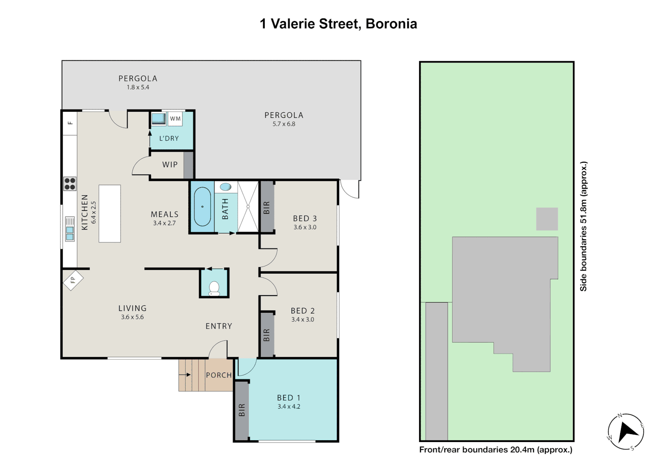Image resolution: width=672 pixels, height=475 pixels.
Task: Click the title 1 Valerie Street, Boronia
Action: click(x=338, y=24)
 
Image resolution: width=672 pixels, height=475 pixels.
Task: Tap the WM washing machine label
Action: click(x=175, y=119)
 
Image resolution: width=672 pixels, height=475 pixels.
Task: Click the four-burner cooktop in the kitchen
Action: click(x=70, y=183)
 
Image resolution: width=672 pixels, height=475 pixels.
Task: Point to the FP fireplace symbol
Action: click(x=73, y=280)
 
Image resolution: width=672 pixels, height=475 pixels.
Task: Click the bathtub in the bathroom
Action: click(x=202, y=207)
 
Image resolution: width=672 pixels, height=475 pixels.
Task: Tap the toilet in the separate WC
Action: click(x=214, y=288)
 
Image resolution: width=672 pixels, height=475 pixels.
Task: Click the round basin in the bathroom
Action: click(x=226, y=187)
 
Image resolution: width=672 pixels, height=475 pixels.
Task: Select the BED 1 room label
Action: click(x=289, y=398)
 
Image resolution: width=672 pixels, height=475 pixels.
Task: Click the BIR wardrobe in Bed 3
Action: click(x=267, y=207)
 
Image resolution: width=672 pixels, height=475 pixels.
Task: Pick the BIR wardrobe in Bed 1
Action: click(x=241, y=410)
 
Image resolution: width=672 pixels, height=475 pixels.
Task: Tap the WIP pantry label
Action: click(x=170, y=164)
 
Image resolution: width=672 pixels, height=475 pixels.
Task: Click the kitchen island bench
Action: click(x=110, y=214)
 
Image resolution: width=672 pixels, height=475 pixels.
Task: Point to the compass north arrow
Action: click(x=626, y=431)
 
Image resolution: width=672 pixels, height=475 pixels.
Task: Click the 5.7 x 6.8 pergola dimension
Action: click(x=284, y=124)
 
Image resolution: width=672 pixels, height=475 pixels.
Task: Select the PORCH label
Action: click(x=219, y=375)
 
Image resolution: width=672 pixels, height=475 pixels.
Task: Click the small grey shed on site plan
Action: click(x=547, y=219)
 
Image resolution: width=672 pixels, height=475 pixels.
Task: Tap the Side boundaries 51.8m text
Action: click(x=583, y=226)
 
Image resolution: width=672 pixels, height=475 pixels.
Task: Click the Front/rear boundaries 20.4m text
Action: click(x=496, y=449)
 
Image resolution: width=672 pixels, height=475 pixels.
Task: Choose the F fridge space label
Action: click(x=70, y=123)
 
